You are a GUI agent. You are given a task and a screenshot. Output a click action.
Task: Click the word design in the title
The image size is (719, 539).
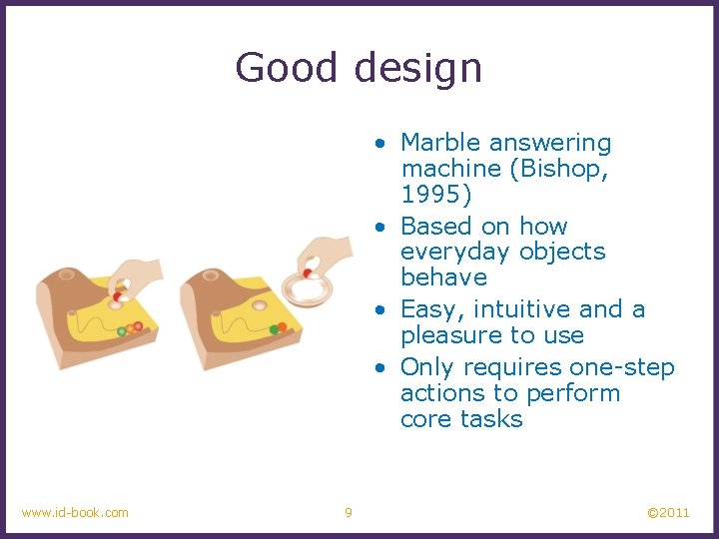coord(417,68)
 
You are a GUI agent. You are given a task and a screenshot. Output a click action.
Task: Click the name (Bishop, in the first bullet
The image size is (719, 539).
coord(559,169)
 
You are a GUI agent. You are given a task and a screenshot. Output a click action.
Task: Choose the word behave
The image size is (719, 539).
coord(443,276)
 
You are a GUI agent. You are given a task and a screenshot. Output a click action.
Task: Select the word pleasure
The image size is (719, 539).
coord(450,335)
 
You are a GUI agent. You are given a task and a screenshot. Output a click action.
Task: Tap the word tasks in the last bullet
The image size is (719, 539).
coord(492,418)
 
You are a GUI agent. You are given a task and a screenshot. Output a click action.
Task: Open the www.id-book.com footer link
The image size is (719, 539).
coord(75,512)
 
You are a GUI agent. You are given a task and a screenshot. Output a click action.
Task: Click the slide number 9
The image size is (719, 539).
coord(348,512)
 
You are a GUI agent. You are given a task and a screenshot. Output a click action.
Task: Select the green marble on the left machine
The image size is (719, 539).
coord(121,330)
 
